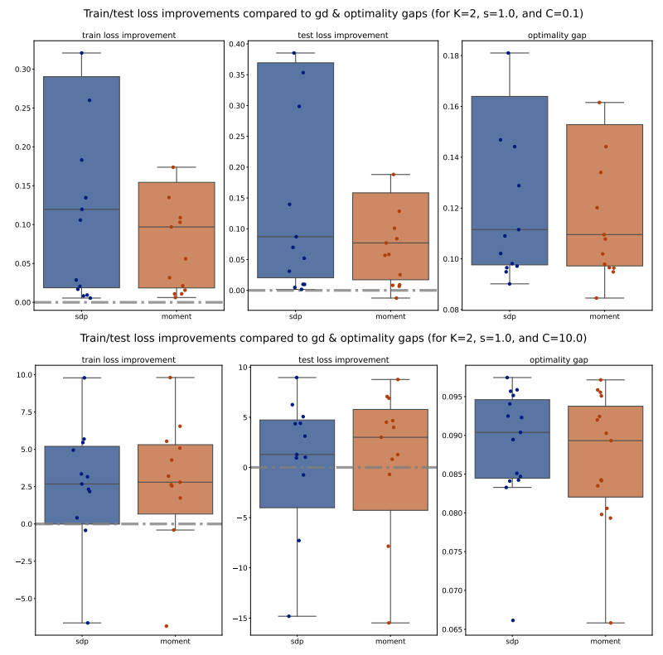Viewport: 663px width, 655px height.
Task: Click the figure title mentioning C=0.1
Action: pyautogui.click(x=331, y=14)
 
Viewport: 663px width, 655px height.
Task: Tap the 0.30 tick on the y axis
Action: pyautogui.click(x=21, y=70)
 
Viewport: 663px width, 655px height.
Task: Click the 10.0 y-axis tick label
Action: pyautogui.click(x=22, y=375)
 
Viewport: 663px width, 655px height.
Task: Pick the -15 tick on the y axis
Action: pyautogui.click(x=240, y=619)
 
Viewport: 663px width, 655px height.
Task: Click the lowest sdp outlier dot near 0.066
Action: pyautogui.click(x=512, y=620)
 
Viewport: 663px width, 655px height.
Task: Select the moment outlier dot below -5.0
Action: pyautogui.click(x=166, y=626)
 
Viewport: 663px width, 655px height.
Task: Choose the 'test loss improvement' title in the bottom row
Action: pyautogui.click(x=343, y=360)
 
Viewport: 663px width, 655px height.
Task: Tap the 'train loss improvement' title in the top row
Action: pyautogui.click(x=128, y=36)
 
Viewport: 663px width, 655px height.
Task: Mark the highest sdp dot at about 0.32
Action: pyautogui.click(x=81, y=53)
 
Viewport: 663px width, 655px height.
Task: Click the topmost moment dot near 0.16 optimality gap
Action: pyautogui.click(x=599, y=103)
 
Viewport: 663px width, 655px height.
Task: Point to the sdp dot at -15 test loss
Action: pyautogui.click(x=289, y=616)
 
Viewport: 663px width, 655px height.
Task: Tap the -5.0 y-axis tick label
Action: pyautogui.click(x=22, y=598)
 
